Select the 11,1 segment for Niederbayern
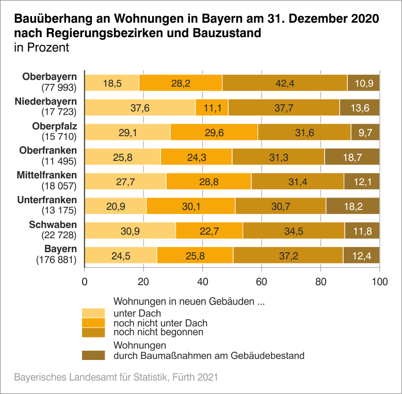pyautogui.click(x=212, y=107)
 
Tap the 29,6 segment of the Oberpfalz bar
pyautogui.click(x=214, y=132)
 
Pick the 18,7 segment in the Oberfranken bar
pyautogui.click(x=352, y=157)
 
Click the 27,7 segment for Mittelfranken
pyautogui.click(x=125, y=182)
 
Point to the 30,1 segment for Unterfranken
pyautogui.click(x=190, y=206)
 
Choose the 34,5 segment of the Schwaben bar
pyautogui.click(x=293, y=231)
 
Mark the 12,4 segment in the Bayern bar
pyautogui.click(x=361, y=256)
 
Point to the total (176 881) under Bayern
pyautogui.click(x=56, y=260)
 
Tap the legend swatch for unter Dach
pyautogui.click(x=93, y=313)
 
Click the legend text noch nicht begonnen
pyautogui.click(x=158, y=332)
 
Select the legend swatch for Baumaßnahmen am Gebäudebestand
pyautogui.click(x=93, y=355)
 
